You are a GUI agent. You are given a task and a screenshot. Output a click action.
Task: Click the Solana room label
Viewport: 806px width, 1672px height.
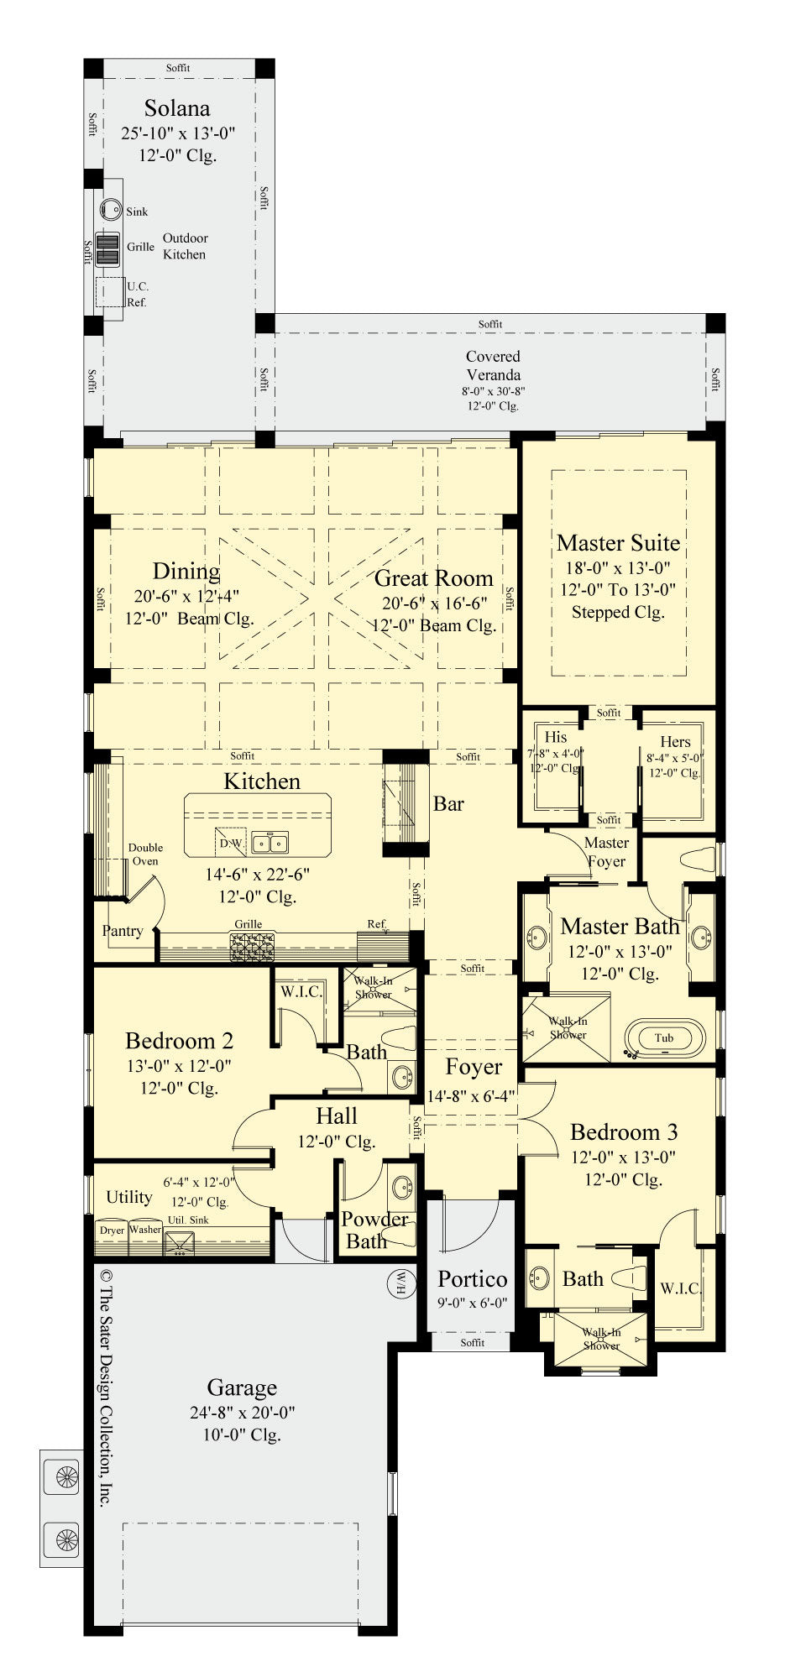point(176,108)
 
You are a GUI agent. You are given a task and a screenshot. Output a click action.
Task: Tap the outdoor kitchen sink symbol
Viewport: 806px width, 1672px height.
point(111,210)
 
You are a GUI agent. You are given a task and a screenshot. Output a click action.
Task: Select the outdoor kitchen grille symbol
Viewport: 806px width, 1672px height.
point(107,248)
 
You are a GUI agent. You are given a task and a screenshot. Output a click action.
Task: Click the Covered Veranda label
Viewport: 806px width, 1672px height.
point(493,365)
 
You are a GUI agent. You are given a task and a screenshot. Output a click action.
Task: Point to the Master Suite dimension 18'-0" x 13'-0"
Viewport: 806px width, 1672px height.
point(617,567)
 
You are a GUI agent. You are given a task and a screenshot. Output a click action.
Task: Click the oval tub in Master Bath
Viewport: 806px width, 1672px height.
point(664,1037)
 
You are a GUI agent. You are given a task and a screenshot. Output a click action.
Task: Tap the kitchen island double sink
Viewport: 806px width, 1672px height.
point(270,843)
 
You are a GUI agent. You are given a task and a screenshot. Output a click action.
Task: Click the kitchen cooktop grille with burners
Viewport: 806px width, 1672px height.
point(252,948)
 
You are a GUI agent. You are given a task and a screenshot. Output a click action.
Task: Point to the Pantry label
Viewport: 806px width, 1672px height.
point(123,930)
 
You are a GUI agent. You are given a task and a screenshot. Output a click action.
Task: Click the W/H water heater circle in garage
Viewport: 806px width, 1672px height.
point(400,1283)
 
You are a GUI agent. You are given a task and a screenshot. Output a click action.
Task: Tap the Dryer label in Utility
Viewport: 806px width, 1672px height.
point(112,1230)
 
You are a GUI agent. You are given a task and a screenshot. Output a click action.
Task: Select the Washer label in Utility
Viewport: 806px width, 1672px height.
point(145,1230)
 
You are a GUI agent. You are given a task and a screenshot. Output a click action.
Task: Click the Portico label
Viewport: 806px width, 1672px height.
point(472,1279)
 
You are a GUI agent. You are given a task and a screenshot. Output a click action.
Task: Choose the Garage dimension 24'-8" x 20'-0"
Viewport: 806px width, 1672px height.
point(242,1413)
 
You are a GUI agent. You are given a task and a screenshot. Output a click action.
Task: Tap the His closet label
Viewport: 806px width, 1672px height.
point(556,737)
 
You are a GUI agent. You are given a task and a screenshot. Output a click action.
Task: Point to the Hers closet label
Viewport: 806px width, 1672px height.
point(675,741)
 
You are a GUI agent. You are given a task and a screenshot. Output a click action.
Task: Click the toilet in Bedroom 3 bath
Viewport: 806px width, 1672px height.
point(629,1278)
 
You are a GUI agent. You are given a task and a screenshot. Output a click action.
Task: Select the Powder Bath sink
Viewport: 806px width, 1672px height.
point(403,1186)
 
